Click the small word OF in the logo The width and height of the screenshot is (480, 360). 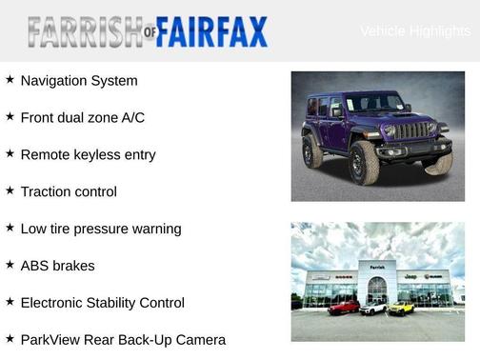click(x=149, y=36)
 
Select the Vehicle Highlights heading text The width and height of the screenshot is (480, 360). click(x=415, y=31)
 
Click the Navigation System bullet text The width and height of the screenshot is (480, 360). click(x=79, y=81)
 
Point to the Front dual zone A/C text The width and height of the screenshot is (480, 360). click(x=82, y=118)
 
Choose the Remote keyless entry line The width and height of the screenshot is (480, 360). click(x=88, y=154)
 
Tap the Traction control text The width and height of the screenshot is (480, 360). click(x=69, y=191)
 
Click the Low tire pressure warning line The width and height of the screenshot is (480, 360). click(x=100, y=229)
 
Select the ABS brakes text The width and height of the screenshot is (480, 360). click(x=57, y=266)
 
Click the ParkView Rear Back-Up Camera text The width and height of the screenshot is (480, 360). click(x=123, y=340)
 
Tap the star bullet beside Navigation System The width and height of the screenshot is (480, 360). click(x=10, y=80)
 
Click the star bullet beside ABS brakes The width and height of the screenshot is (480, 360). click(x=10, y=265)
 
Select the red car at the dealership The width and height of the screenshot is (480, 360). click(x=344, y=307)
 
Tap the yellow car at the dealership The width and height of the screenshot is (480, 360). click(x=401, y=308)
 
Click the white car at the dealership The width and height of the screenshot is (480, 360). click(x=373, y=308)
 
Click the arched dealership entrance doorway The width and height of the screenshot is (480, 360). click(x=377, y=290)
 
